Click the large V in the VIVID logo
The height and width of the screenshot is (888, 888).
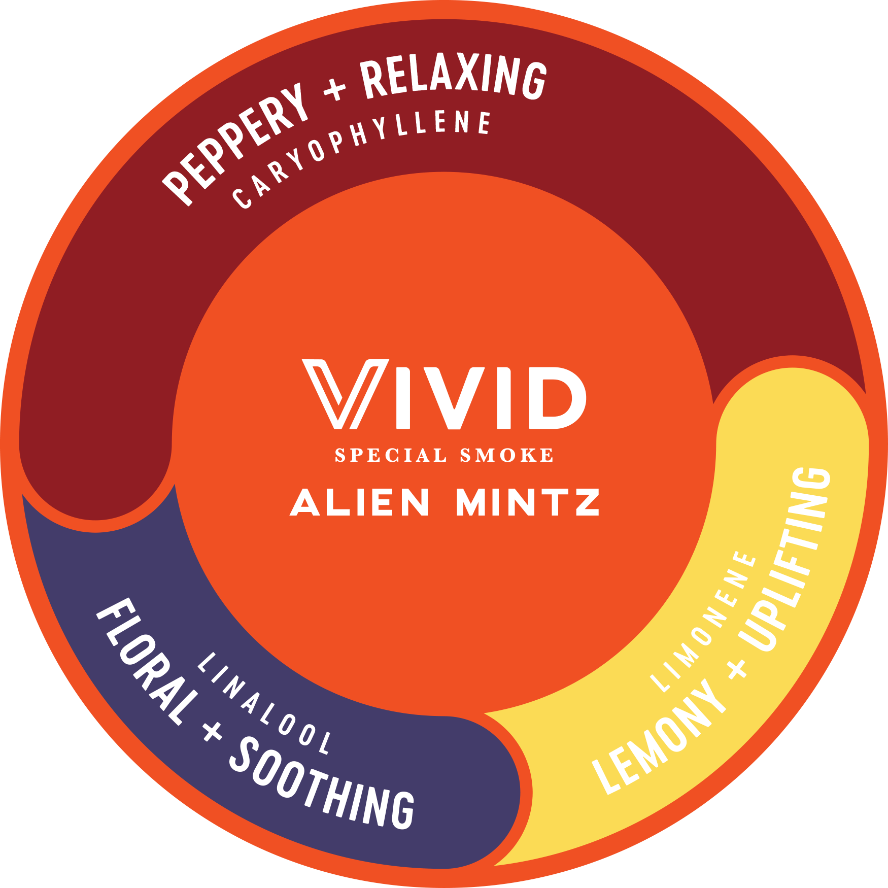coord(346,394)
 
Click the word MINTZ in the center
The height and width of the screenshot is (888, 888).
coord(528,502)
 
